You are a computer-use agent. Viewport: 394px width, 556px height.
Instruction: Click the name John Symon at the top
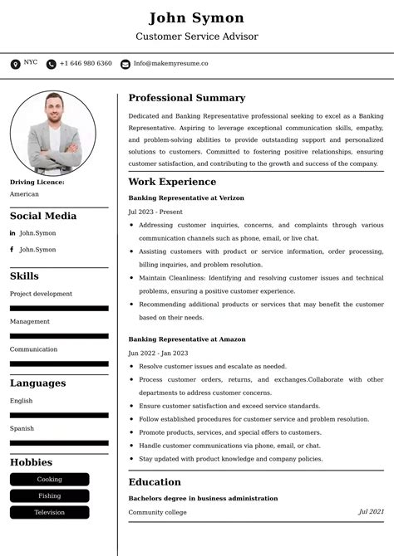coord(197,18)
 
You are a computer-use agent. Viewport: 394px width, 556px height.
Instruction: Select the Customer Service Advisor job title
coord(197,37)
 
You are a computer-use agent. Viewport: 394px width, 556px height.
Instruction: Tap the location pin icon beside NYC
coord(15,64)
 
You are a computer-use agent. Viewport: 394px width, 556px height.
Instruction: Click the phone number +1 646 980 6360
coord(86,63)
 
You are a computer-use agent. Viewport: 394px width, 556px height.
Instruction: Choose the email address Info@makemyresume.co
coord(170,63)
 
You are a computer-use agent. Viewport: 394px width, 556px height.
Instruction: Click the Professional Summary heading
coord(187,98)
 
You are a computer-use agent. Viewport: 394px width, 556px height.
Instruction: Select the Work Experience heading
coord(172,182)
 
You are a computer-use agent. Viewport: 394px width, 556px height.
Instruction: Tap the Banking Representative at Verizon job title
coord(187,198)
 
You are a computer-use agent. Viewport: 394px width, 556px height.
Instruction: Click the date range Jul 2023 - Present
coord(155,212)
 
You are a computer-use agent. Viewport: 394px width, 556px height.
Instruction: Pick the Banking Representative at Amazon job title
coord(187,339)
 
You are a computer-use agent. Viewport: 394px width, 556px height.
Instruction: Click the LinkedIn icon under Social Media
coord(12,233)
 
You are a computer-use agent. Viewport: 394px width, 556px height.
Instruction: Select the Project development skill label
coord(41,294)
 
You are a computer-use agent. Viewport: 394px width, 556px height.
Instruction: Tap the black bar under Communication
coord(59,363)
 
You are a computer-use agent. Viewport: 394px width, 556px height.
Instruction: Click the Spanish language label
coord(22,428)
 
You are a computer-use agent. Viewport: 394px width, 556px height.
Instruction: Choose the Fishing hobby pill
coord(49,495)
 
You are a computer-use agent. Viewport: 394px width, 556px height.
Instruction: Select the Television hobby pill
coord(49,512)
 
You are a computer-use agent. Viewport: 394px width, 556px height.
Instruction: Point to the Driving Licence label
coord(37,182)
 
